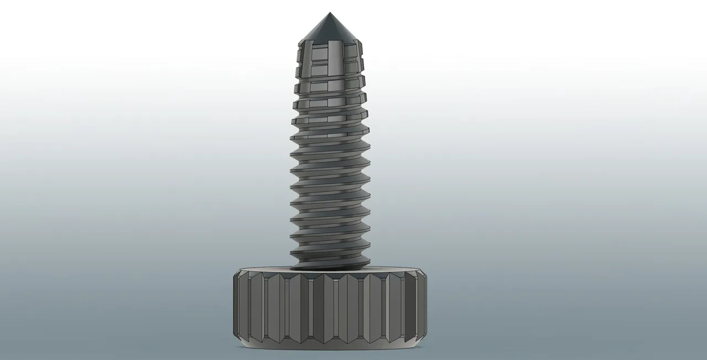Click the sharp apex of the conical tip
tap(329, 13)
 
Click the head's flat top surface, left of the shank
tap(265, 270)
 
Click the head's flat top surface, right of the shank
tap(395, 270)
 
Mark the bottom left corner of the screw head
tap(244, 345)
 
